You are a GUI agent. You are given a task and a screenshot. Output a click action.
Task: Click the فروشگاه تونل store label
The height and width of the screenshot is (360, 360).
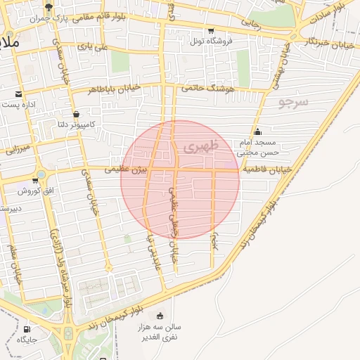coord(210,41)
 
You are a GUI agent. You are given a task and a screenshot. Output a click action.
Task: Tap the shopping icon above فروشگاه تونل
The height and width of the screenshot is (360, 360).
coord(210,30)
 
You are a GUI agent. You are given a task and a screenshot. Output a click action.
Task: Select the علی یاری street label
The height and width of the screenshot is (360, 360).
coord(93,46)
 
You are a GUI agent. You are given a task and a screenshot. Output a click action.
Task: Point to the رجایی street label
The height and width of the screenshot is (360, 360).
coord(251,22)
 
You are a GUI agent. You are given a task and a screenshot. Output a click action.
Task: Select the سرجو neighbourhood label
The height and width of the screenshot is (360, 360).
coord(293,101)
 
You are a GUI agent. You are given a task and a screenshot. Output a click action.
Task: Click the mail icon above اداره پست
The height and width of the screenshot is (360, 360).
coord(18,94)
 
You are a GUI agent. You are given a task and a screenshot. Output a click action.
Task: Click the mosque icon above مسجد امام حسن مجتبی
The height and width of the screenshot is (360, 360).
coord(258,131)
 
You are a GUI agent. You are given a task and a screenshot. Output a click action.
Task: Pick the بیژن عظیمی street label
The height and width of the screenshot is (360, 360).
coord(127,169)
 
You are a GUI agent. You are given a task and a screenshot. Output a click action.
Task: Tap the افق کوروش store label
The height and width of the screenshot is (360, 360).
coord(32,191)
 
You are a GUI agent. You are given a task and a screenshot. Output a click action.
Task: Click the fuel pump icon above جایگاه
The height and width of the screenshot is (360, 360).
coord(27,329)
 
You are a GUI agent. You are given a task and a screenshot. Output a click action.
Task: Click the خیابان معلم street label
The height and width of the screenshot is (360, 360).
coord(15,262)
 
